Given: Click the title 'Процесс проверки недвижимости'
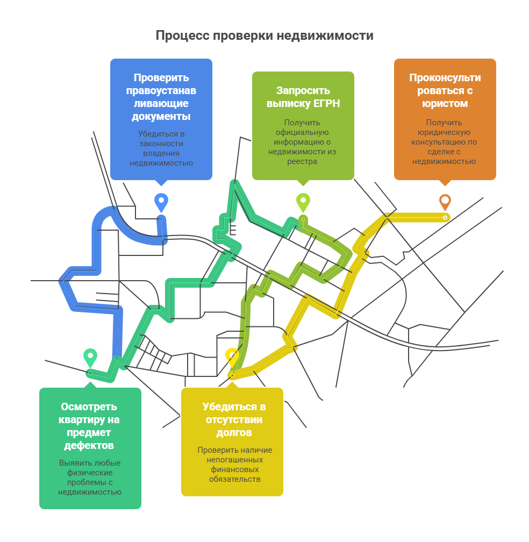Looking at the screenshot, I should pos(264,35).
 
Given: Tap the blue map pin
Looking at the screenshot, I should pos(161,202).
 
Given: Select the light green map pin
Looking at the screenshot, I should pos(303,202).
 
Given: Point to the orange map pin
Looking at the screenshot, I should pos(445,202).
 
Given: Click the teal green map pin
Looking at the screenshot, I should pos(90,357).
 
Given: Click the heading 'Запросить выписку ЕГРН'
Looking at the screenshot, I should pos(303,97).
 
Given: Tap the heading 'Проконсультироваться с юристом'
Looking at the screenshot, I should pos(445,90).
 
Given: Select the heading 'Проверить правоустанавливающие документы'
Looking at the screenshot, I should pos(161,97).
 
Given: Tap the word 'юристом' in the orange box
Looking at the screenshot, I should pos(445,103).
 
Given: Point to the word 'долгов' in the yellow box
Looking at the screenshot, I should pos(234,432).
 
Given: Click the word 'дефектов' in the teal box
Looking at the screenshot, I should pos(89,445).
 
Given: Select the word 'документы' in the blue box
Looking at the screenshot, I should pos(161,116).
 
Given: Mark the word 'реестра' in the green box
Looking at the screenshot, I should pos(303,161).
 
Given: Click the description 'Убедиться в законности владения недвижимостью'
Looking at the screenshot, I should pos(161,148).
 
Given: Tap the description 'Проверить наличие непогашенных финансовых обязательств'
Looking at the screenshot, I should pos(234,465).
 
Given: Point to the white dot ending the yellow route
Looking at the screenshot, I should pos(446,217).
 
